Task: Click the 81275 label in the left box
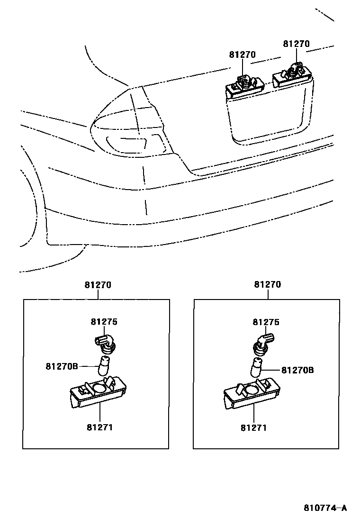104,322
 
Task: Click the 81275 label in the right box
266,322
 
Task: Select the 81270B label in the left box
62,366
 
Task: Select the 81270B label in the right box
297,370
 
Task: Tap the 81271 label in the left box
99,427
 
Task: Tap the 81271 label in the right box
253,427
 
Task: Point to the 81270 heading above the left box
98,285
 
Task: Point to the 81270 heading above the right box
268,285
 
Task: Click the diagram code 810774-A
325,508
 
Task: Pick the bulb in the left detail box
105,366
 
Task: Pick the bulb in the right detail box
257,369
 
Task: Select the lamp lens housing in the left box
97,393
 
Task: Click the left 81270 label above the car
242,55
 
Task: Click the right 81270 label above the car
296,44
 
